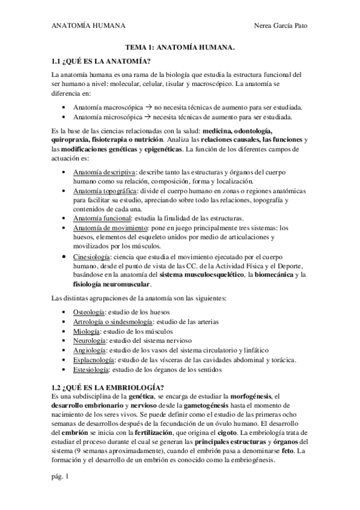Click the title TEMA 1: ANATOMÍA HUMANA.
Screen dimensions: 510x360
point(180,46)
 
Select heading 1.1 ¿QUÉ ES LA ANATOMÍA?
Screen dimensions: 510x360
point(100,60)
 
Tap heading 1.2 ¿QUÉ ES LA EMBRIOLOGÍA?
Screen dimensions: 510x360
point(108,387)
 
